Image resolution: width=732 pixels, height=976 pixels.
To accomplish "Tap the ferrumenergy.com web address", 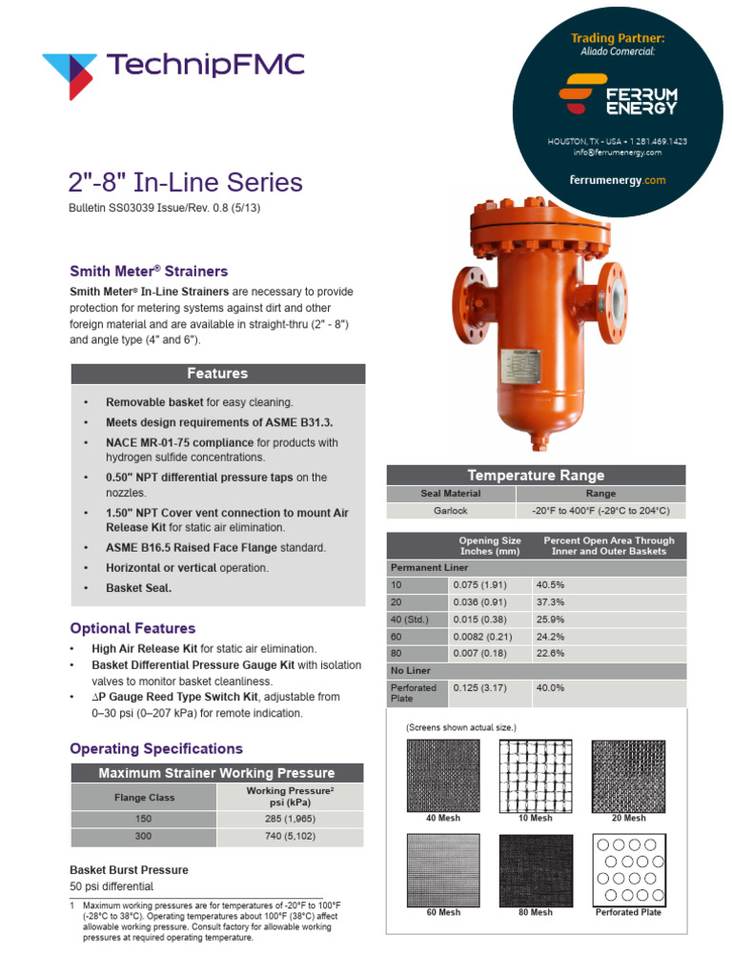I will (617, 180).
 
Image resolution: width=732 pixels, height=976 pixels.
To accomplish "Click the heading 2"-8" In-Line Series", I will (186, 182).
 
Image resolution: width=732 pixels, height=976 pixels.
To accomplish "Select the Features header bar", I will (217, 374).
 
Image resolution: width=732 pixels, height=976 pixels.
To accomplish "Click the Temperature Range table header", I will (535, 475).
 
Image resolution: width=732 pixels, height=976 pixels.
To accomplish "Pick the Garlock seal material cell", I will (451, 510).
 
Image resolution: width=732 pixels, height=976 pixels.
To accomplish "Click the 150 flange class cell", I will (144, 818).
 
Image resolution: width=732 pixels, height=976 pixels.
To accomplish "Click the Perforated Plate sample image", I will (628, 869).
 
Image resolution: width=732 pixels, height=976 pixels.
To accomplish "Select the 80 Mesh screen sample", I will (535, 869).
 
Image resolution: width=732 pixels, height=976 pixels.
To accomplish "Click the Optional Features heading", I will (132, 628).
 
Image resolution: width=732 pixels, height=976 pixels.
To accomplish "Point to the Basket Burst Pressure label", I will (129, 869).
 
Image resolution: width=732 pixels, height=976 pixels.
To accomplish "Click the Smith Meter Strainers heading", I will (149, 271).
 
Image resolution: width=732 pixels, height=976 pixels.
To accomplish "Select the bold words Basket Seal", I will (138, 588).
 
